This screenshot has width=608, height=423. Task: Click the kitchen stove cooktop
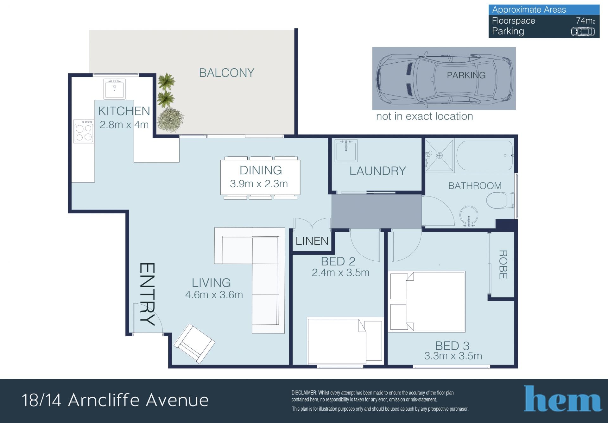coord(84,131)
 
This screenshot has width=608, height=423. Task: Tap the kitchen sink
coord(114,89)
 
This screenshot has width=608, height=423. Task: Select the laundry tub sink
coord(346,150)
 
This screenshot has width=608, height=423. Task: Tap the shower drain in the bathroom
coord(439,155)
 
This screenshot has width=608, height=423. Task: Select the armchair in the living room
coord(194,344)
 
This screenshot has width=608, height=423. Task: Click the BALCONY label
coord(226,73)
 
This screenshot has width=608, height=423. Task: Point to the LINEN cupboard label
coord(312,241)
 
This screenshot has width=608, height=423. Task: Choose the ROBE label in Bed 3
coord(503,264)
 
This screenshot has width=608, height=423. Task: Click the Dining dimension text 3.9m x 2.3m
coord(259,184)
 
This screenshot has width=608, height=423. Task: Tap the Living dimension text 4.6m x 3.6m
coord(214,295)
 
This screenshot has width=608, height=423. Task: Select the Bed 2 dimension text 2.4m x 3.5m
coord(340,273)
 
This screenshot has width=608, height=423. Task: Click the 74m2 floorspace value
coord(586,21)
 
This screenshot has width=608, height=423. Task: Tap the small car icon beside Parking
coord(583,32)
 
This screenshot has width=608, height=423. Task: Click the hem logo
coord(563,398)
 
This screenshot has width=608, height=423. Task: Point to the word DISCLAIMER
coord(304,393)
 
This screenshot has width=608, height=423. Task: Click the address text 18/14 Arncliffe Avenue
coord(115,400)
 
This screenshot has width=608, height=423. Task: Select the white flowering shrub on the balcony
coord(170,119)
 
